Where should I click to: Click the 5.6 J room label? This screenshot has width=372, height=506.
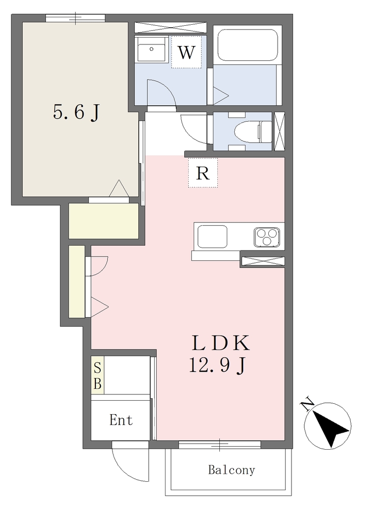click(76, 112)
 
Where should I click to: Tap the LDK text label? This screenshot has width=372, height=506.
click(221, 343)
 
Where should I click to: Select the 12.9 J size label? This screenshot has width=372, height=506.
click(218, 366)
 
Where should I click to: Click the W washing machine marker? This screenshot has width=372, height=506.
click(186, 52)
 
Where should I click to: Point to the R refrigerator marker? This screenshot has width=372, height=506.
click(203, 173)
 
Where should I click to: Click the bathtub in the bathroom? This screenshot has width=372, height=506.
click(248, 45)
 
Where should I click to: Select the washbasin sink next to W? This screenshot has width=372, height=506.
click(151, 49)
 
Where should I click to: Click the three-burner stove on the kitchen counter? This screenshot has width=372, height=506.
click(267, 237)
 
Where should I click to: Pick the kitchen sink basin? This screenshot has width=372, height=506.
click(212, 237)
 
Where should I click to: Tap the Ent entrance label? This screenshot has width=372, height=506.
click(121, 420)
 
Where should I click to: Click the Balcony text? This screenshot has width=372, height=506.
click(231, 470)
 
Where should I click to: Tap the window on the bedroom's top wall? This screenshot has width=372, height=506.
click(75, 18)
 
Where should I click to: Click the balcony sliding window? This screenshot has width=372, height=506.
click(219, 445)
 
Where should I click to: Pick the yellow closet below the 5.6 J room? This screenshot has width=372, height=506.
click(104, 221)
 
